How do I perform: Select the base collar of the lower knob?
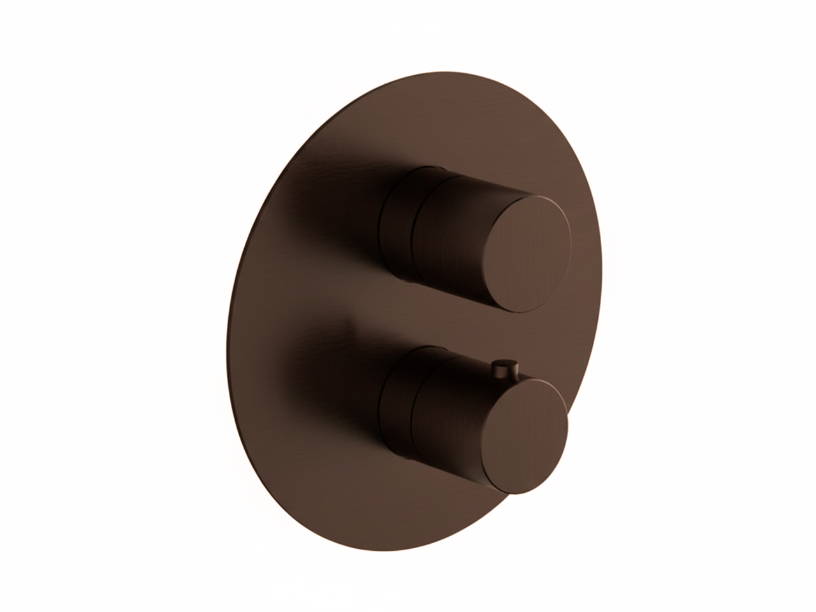coord(397,402)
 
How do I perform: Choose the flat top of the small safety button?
coord(507,362)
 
